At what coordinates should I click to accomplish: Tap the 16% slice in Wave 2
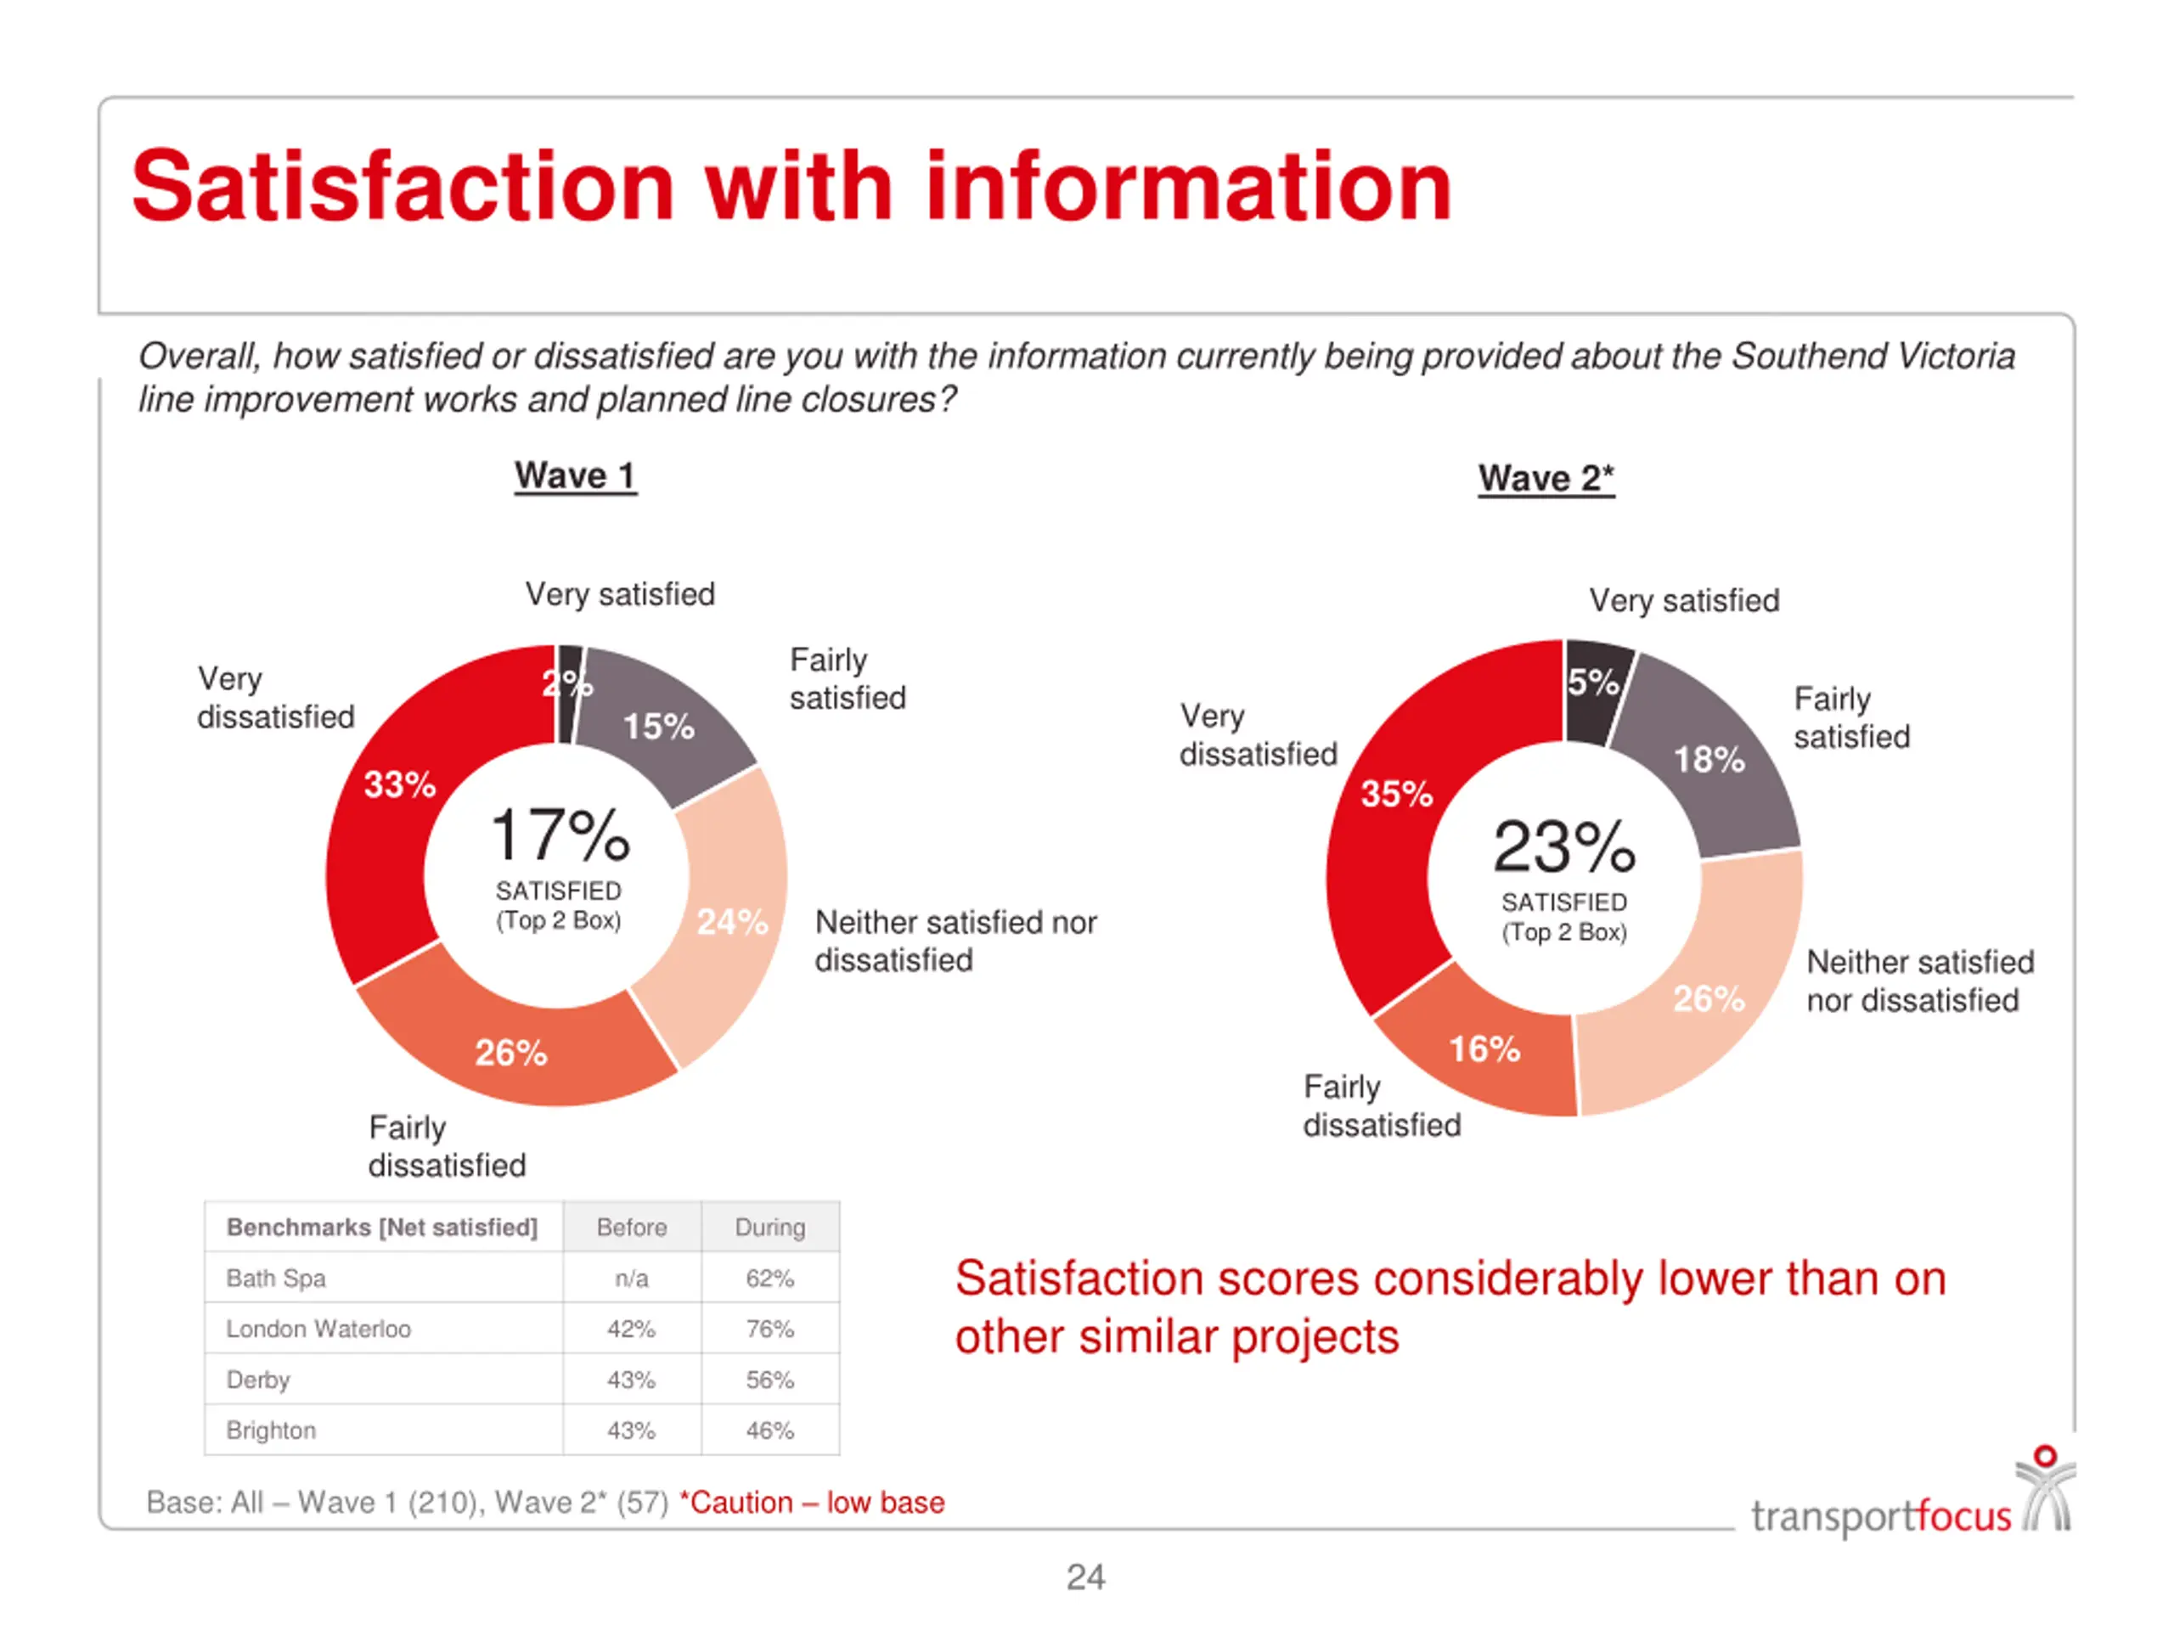(x=1484, y=1049)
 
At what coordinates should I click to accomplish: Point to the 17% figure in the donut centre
(x=560, y=836)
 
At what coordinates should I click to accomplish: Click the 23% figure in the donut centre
(x=1563, y=848)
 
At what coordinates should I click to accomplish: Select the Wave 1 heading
(x=575, y=476)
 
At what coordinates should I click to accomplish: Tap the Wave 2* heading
(x=1546, y=480)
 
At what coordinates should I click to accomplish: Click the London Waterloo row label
(x=318, y=1329)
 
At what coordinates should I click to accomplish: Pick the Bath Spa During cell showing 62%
(x=769, y=1279)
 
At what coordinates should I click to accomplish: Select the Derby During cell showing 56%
(x=769, y=1380)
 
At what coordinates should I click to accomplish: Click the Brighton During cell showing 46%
(x=769, y=1431)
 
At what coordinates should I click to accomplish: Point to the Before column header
(x=631, y=1227)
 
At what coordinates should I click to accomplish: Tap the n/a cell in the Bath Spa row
(x=631, y=1279)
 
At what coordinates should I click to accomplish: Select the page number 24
(x=1086, y=1578)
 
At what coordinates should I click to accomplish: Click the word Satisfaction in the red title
(x=403, y=187)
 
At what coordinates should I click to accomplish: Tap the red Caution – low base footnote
(x=813, y=1504)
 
